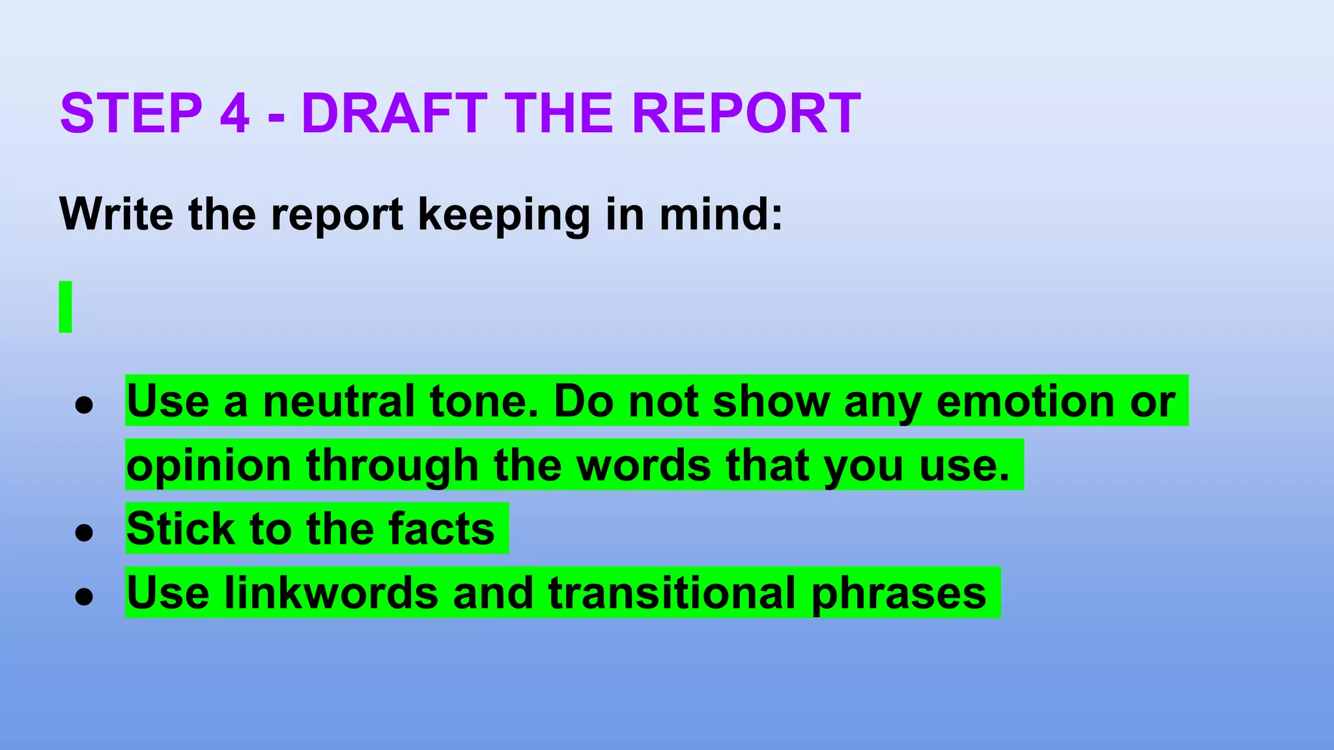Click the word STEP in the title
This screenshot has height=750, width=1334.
pos(131,113)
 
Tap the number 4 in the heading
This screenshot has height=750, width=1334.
pos(234,113)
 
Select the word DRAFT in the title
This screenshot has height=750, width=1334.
pos(394,113)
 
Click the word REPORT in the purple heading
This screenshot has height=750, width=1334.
pos(746,113)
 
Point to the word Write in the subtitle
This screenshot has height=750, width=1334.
pos(116,214)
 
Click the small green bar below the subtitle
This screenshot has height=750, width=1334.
pos(65,307)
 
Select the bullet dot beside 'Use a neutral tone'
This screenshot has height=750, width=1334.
pos(84,406)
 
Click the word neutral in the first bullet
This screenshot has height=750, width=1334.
pos(339,401)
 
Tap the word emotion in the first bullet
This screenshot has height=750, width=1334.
pos(1025,401)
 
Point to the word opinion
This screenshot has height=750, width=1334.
pos(208,466)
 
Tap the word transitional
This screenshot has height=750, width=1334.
pos(672,592)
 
